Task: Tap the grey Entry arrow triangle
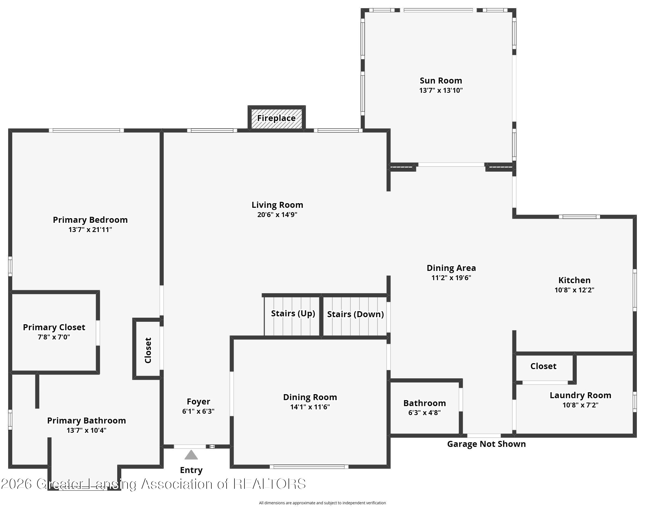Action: (191, 455)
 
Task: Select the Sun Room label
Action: (441, 81)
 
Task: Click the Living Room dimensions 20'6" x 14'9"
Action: (277, 215)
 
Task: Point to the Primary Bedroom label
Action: (90, 220)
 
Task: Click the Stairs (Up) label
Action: (293, 313)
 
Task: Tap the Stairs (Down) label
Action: (355, 314)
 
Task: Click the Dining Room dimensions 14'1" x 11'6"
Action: (310, 407)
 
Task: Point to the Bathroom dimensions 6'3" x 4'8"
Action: (424, 413)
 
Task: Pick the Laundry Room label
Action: (580, 395)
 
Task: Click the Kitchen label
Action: (574, 280)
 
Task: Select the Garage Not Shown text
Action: (486, 444)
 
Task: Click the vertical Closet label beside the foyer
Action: (148, 350)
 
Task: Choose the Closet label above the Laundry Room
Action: (543, 366)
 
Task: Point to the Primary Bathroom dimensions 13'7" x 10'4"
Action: (86, 430)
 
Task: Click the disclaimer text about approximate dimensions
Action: (322, 503)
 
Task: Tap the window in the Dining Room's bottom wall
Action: (309, 467)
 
